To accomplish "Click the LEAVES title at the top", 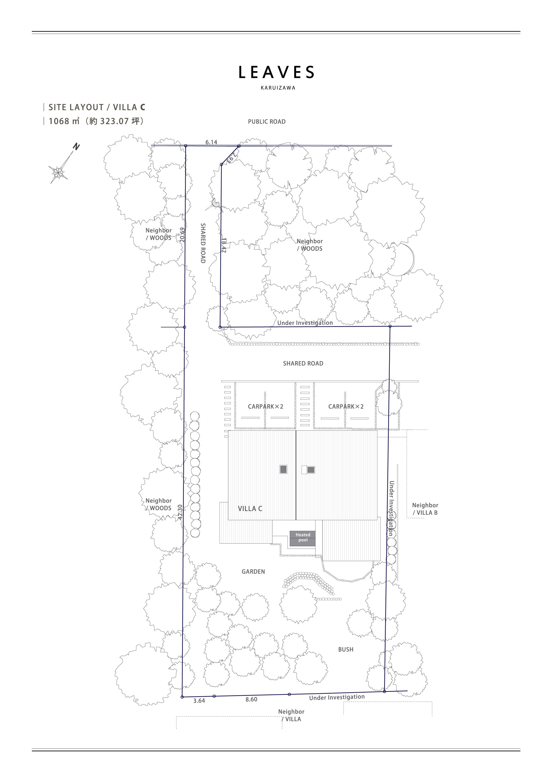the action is [276, 72].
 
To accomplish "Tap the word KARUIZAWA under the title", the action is [278, 88].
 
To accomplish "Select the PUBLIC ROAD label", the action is [267, 122].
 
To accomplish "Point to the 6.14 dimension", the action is [211, 142].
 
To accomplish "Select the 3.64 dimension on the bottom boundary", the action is [199, 701].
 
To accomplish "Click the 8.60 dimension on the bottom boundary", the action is [251, 699].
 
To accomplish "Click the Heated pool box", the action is [303, 539].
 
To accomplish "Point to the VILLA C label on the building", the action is [250, 509].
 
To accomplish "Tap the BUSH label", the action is [346, 650].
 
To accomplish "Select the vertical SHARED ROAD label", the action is [203, 243].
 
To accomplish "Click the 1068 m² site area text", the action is [96, 121].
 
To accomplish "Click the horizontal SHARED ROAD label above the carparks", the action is [303, 364].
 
